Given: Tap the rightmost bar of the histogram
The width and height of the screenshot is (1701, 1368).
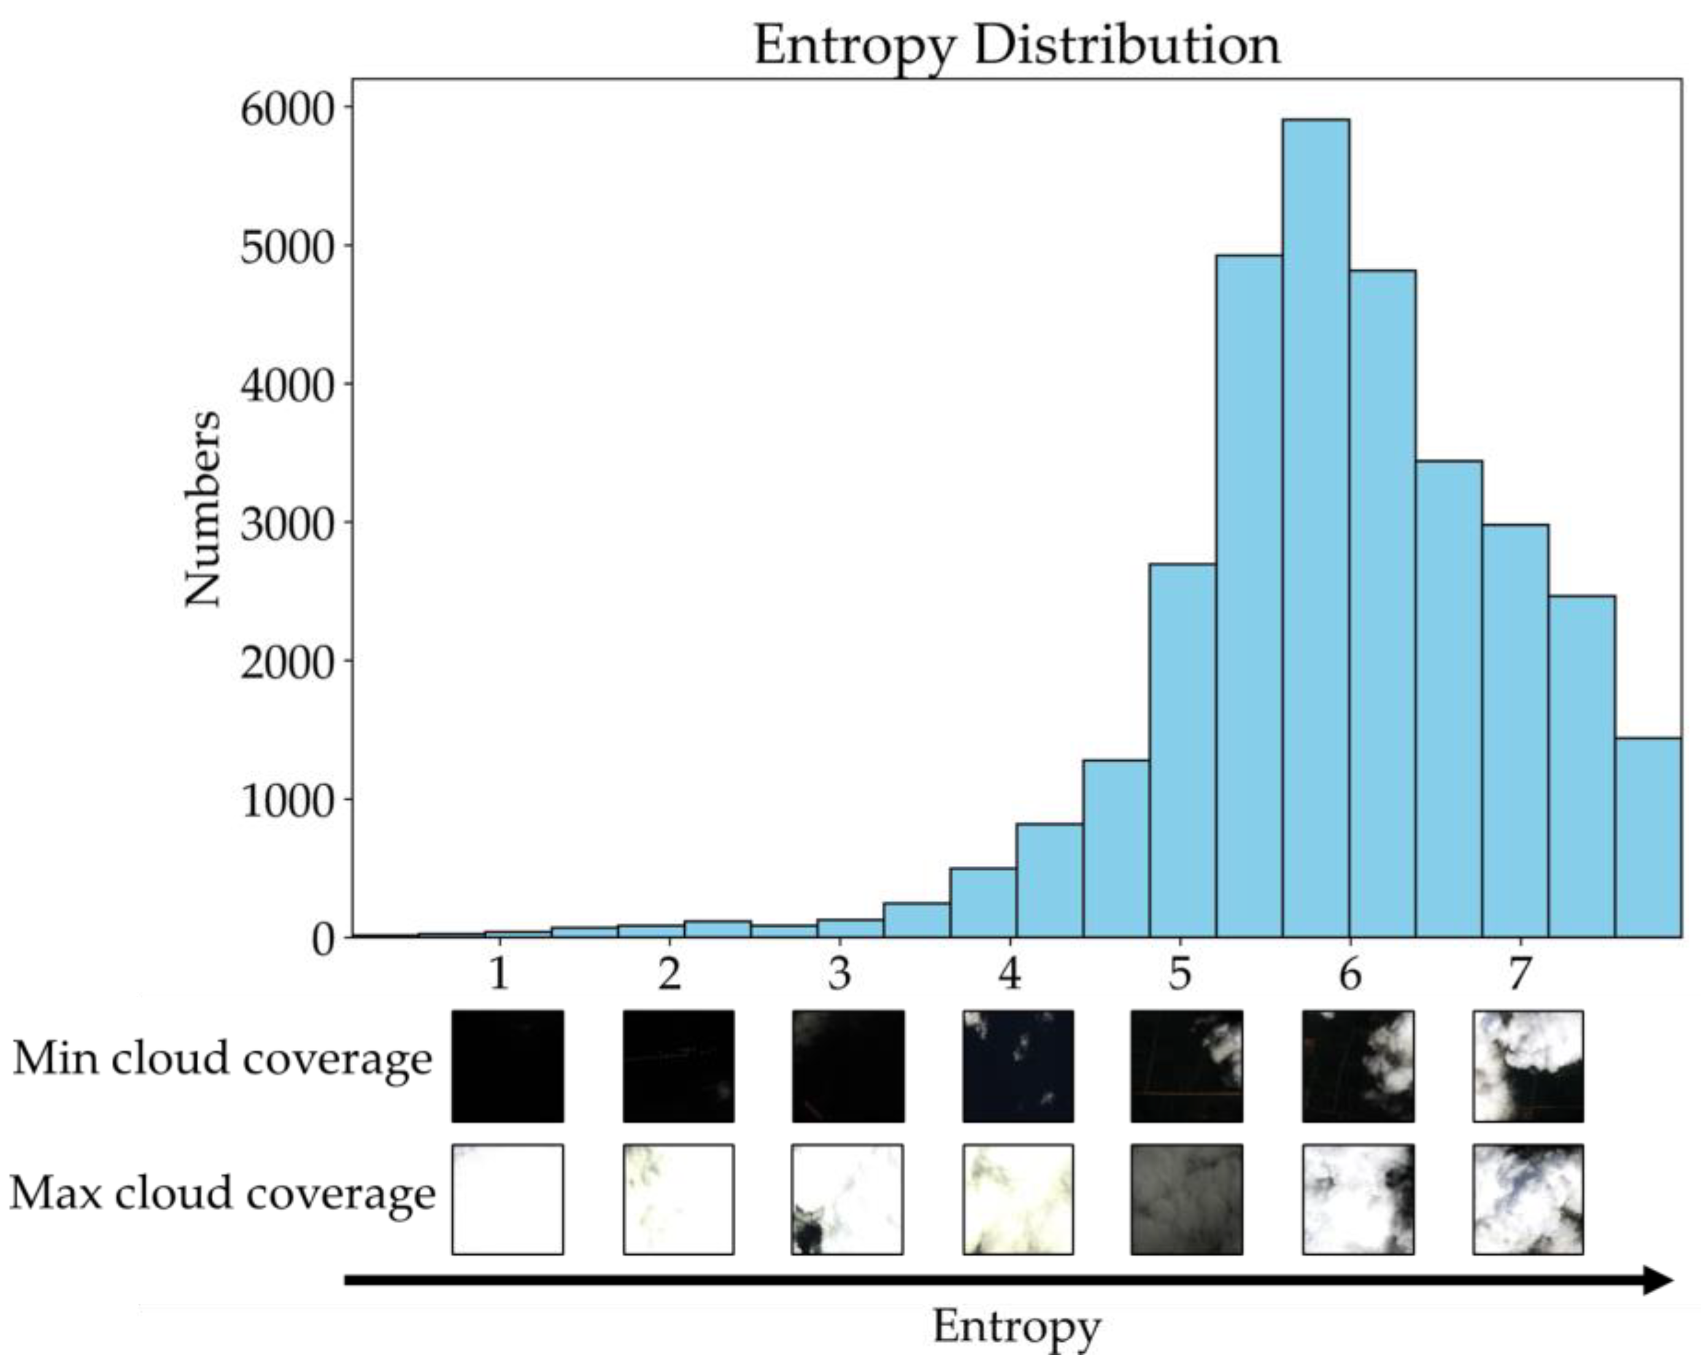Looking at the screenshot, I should pyautogui.click(x=1648, y=837).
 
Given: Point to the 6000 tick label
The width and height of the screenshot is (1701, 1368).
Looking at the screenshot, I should pyautogui.click(x=285, y=108).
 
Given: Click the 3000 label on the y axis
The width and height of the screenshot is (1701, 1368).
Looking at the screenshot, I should pyautogui.click(x=285, y=523).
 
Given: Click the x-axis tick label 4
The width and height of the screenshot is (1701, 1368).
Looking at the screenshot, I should pyautogui.click(x=1010, y=975).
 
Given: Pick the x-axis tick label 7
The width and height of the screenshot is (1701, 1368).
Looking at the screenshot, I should pyautogui.click(x=1519, y=975).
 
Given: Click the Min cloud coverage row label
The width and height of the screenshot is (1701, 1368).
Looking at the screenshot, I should pyautogui.click(x=223, y=1059).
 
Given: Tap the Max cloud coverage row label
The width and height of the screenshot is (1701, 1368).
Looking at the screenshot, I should pyautogui.click(x=223, y=1194).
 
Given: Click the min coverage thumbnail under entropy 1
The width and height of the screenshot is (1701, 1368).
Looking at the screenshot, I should pyautogui.click(x=507, y=1066).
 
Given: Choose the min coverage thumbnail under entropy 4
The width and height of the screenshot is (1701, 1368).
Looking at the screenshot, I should pyautogui.click(x=1018, y=1066).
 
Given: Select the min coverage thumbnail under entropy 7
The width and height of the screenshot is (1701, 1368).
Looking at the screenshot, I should pyautogui.click(x=1527, y=1066).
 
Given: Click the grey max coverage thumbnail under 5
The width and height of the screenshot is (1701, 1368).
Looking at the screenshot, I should pyautogui.click(x=1187, y=1199).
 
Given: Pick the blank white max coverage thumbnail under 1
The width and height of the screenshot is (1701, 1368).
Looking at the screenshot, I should pyautogui.click(x=507, y=1199).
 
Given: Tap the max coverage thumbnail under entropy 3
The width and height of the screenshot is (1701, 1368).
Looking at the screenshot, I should pyautogui.click(x=847, y=1199).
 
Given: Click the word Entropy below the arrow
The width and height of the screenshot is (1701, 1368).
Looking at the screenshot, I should pyautogui.click(x=1016, y=1327).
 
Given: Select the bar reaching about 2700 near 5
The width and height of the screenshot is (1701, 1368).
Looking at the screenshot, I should pyautogui.click(x=1182, y=749).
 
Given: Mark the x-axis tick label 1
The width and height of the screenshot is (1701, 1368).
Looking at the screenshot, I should pyautogui.click(x=499, y=975).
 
